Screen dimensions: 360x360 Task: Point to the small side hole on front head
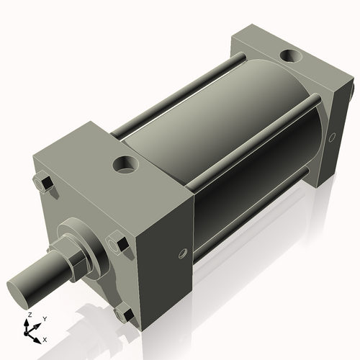(183, 253)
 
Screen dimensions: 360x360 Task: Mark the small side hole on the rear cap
(332, 136)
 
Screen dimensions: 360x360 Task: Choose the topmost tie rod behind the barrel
(180, 86)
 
